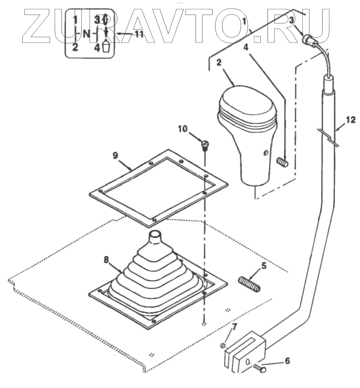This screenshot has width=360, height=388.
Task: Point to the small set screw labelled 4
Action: pyautogui.click(x=282, y=162)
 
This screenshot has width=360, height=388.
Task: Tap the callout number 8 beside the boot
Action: pyautogui.click(x=106, y=260)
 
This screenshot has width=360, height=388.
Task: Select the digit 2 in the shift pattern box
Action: pyautogui.click(x=75, y=48)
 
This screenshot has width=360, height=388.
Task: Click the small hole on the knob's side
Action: pyautogui.click(x=266, y=152)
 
